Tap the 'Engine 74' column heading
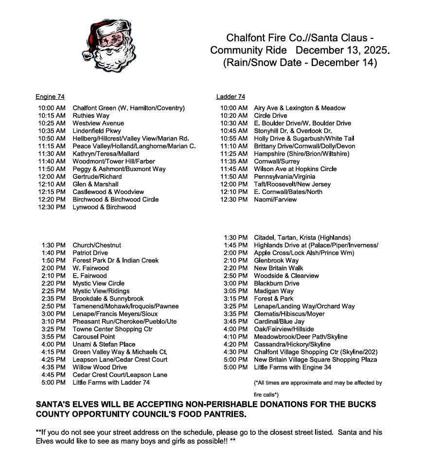pos(50,97)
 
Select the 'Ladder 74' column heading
pos(231,97)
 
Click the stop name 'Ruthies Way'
pos(91,116)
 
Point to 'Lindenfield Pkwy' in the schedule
pos(97,131)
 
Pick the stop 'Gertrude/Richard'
pos(97,176)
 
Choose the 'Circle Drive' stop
pos(270,116)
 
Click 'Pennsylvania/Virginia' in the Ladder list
pos(284,176)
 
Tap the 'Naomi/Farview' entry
pos(275,199)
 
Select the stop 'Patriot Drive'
pos(90,253)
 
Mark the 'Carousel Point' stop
pos(94,336)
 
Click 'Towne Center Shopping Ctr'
pos(112,329)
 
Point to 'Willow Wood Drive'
pos(100,367)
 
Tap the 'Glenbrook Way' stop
pos(276,261)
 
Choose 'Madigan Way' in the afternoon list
pos(274,291)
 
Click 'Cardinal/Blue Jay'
pos(279,321)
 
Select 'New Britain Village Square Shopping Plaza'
pos(316,360)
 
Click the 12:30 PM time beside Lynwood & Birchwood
pos(52,207)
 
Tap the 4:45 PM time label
pos(53,375)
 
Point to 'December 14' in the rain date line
pos(344,63)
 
